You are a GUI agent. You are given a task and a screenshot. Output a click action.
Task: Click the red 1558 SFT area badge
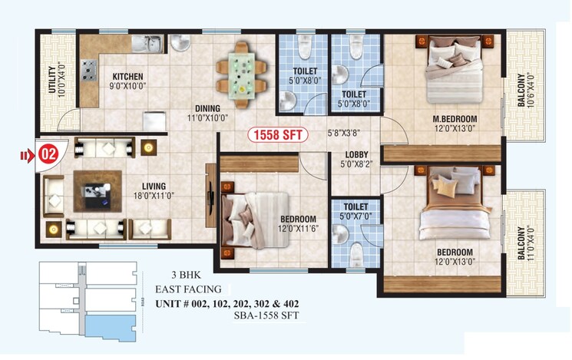[x=276, y=135]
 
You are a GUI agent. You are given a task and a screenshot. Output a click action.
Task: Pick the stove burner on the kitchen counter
[x=89, y=74]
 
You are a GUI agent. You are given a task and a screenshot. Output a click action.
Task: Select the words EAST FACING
[x=188, y=289]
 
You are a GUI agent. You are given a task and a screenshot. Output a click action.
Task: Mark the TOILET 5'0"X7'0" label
[x=355, y=212]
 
